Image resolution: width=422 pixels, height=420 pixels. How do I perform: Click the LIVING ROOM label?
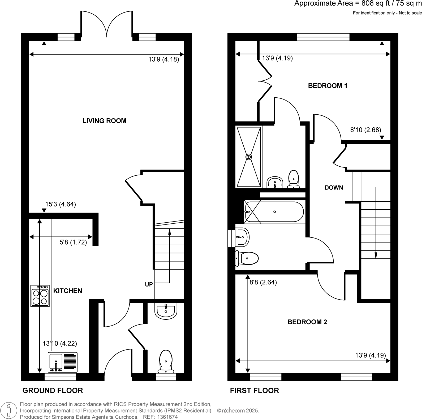[x=104, y=121]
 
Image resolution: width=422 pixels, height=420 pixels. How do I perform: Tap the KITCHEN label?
[x=68, y=291]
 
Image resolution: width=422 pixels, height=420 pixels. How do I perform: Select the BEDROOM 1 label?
[x=328, y=86]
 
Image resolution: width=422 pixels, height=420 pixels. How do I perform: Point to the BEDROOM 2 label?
[x=307, y=322]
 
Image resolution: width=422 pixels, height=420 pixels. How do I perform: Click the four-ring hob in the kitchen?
[x=40, y=296]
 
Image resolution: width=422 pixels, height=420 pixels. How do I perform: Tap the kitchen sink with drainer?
[x=63, y=362]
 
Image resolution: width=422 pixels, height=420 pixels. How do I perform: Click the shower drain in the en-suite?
[x=249, y=157]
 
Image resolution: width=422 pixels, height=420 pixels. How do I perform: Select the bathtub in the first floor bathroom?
[x=274, y=212]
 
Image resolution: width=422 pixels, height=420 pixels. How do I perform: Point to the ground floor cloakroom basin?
[x=166, y=311]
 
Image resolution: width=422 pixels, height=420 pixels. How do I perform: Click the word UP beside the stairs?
[x=149, y=284]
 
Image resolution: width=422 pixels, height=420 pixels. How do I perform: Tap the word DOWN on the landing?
[x=334, y=188]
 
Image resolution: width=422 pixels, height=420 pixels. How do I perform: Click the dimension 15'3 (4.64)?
[x=61, y=204]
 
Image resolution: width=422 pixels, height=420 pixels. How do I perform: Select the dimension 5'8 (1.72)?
[x=73, y=242]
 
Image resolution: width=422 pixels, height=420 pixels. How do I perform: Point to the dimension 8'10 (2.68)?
[x=366, y=130]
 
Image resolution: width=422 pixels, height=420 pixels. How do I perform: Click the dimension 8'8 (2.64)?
[x=263, y=282]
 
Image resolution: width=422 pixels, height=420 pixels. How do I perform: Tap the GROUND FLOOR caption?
[x=53, y=390]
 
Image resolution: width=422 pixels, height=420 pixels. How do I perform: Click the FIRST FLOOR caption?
[x=254, y=390]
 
